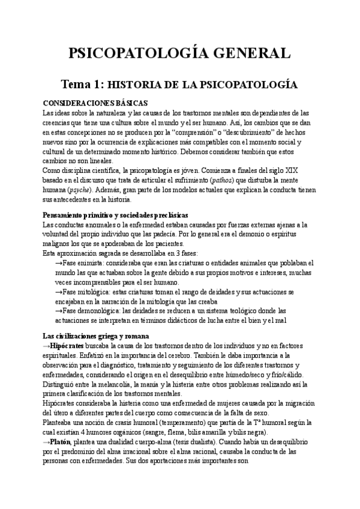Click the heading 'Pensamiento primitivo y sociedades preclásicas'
tap(116, 215)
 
